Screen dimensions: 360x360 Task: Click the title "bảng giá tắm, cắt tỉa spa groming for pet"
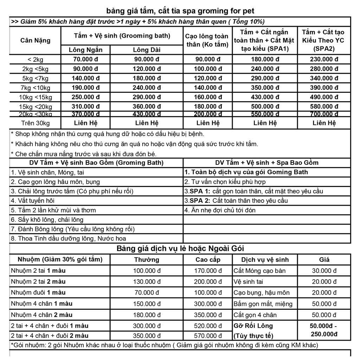[x=180, y=11]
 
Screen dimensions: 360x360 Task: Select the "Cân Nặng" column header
[x=35, y=40]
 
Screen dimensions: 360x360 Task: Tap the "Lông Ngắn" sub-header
[x=86, y=50]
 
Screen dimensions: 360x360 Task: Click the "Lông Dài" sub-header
[x=147, y=50]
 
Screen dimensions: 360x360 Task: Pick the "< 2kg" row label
[x=35, y=59]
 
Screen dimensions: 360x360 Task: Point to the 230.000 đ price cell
[x=324, y=59]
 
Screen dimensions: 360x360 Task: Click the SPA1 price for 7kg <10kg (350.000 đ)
[x=265, y=88]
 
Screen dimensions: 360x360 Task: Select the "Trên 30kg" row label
[x=35, y=123]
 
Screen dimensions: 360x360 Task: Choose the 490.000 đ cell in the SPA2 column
[x=324, y=97]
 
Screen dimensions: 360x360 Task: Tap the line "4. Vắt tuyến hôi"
[x=33, y=201]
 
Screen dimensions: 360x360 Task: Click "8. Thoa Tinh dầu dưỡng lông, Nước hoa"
[x=69, y=239]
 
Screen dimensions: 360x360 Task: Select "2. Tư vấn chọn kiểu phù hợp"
[x=225, y=182]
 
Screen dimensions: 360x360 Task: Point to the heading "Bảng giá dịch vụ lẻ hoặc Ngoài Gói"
[x=180, y=249]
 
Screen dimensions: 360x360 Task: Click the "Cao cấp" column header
[x=208, y=260]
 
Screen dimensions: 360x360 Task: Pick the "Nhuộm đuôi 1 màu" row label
[x=38, y=292]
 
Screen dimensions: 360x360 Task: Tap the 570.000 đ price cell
[x=208, y=336]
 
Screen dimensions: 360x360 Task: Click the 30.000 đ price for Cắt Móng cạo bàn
[x=324, y=271]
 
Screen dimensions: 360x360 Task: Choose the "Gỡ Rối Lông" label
[x=253, y=326]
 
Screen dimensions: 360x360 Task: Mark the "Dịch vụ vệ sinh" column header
[x=265, y=260]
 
